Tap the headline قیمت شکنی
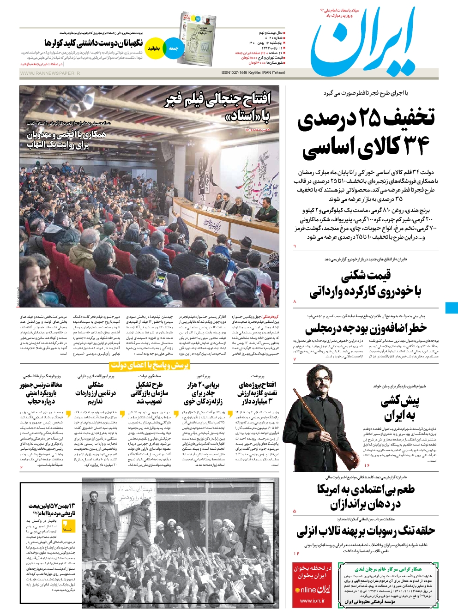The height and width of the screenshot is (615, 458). tap(366, 276)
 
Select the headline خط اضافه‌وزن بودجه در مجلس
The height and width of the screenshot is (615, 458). tap(365, 329)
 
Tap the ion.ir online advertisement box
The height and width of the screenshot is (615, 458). tap(313, 585)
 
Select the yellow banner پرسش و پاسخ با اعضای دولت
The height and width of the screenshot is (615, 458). tap(150, 366)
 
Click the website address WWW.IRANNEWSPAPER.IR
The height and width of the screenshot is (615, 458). tap(50, 73)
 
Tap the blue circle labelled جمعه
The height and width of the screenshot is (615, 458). tap(174, 48)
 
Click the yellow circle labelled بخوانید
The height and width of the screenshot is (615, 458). tap(154, 48)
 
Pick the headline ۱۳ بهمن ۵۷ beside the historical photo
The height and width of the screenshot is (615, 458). tap(51, 509)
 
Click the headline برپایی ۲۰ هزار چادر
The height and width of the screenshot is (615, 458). tap(203, 392)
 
